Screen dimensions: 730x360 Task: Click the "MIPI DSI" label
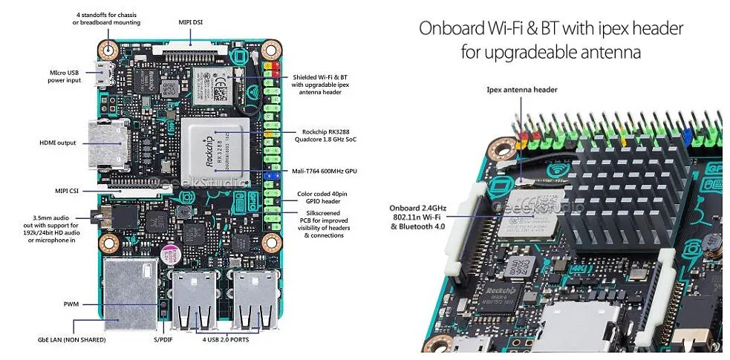coord(191,22)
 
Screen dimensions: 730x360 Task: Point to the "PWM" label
coord(71,304)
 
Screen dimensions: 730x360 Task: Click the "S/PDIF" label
coord(163,340)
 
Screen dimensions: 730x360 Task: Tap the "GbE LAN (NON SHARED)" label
coord(72,340)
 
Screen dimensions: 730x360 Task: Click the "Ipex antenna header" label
coord(522,90)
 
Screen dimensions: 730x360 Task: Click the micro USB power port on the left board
coord(104,74)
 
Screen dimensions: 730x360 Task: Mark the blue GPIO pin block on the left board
coord(271,176)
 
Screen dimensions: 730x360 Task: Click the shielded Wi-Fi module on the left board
coord(212,86)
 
